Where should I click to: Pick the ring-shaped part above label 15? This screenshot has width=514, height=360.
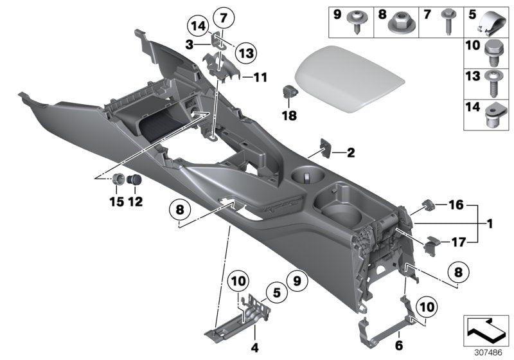click(x=119, y=180)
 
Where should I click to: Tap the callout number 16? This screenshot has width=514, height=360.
click(x=456, y=206)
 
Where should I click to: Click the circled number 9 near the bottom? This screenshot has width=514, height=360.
click(x=296, y=280)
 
